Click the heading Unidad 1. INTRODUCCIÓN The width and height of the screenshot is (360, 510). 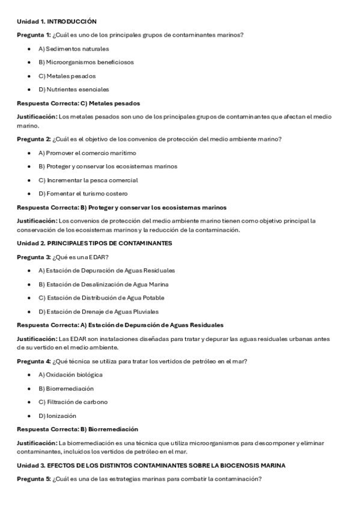pos(56,21)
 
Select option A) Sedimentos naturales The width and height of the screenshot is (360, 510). pos(73,49)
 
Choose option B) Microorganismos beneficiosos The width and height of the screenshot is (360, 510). pos(86,62)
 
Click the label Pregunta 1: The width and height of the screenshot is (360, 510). pos(34,35)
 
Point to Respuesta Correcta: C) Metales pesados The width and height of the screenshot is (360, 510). pos(78,103)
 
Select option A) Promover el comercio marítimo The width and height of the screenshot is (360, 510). pos(87,153)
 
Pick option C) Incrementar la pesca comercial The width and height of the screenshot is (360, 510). pos(88,180)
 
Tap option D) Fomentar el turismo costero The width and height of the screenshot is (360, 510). pos(83,194)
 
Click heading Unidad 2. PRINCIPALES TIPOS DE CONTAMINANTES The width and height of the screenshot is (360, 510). pos(94,243)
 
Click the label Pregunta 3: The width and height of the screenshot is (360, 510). pos(34,257)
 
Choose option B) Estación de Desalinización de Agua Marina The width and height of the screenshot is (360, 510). pos(103,284)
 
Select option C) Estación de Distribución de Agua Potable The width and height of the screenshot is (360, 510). pos(101,298)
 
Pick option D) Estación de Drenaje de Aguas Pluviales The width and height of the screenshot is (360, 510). pos(99,312)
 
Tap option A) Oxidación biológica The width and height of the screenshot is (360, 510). pos(70,375)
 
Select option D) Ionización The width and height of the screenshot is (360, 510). pos(57,416)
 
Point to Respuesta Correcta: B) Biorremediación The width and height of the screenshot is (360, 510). pos(77,429)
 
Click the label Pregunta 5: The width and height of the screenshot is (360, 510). pos(34,479)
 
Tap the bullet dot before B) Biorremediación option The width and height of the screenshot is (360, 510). pos(29,389)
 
